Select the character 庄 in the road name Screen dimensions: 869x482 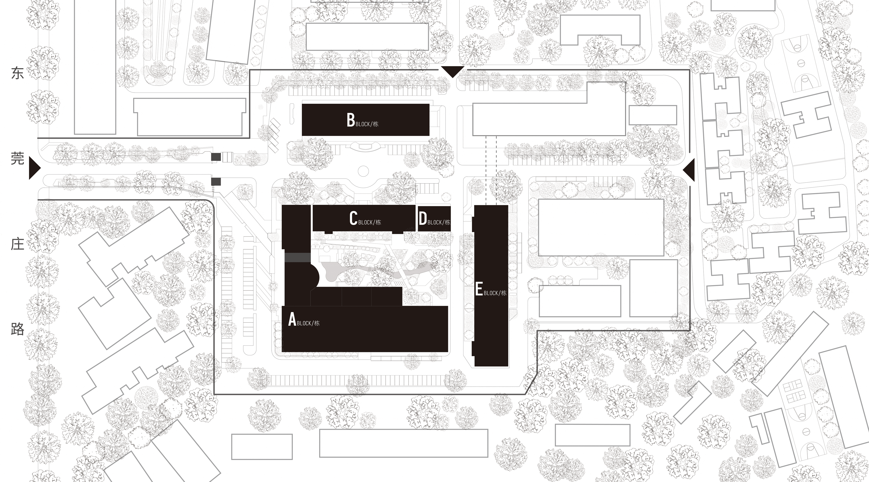point(18,244)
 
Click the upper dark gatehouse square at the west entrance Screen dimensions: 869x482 point(216,157)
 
